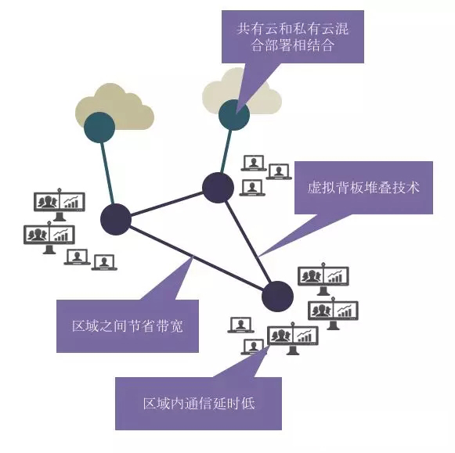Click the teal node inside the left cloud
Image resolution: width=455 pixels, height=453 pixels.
[x=99, y=128]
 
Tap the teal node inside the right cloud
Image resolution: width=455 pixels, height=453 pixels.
[x=234, y=115]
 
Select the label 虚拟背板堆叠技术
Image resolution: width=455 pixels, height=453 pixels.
[x=363, y=188]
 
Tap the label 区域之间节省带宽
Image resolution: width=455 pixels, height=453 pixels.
[x=128, y=326]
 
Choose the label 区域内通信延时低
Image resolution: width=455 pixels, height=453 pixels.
[x=199, y=404]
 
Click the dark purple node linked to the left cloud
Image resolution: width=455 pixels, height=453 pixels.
[x=116, y=219]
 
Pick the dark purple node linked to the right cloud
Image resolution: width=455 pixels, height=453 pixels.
[x=218, y=188]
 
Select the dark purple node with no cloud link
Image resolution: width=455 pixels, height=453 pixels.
[x=277, y=297]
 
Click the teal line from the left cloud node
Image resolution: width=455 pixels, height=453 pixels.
[x=107, y=174]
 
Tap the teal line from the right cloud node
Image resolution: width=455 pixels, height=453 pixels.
[x=226, y=151]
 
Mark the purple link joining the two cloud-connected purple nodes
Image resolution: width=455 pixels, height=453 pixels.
[x=167, y=203]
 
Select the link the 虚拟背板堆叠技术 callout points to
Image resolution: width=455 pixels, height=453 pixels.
[x=248, y=242]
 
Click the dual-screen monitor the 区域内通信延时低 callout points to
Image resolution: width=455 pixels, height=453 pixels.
[x=293, y=337]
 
